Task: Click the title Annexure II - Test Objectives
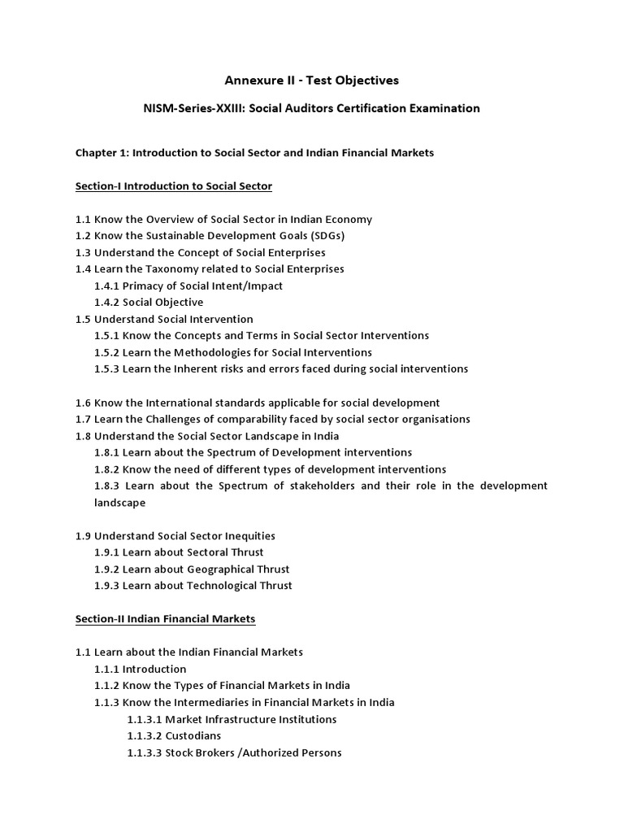[312, 80]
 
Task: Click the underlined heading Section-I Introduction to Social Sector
[174, 186]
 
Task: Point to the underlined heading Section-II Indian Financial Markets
[166, 619]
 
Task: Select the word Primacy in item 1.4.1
[143, 286]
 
